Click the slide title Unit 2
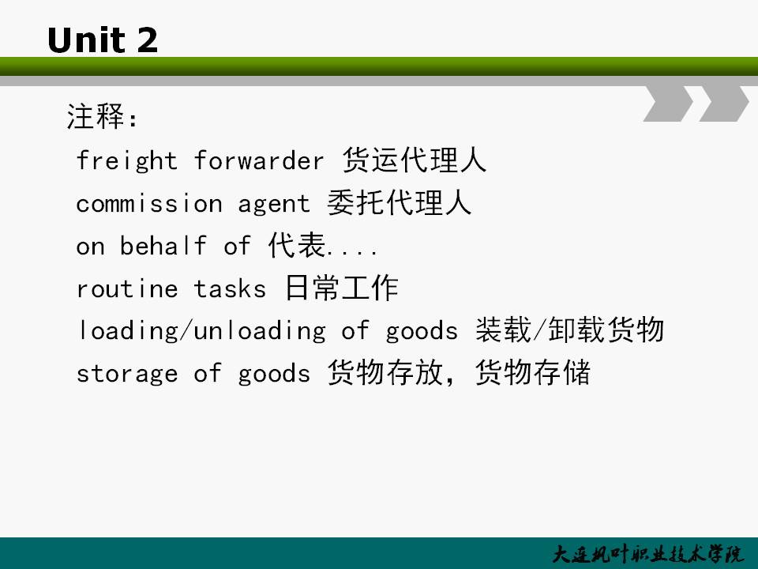(x=103, y=40)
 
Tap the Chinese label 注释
(x=96, y=117)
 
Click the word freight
(x=126, y=160)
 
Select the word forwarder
(x=259, y=160)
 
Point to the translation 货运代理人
(x=415, y=160)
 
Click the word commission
(x=149, y=203)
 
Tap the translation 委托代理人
(x=400, y=202)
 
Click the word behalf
(x=163, y=245)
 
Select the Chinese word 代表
(x=297, y=245)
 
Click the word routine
(x=127, y=288)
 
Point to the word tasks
(x=230, y=289)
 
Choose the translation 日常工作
(x=341, y=288)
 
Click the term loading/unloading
(x=201, y=331)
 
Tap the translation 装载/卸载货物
(x=569, y=330)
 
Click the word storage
(x=126, y=374)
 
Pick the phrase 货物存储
(x=533, y=372)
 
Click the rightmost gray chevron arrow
(x=724, y=103)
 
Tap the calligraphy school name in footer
(x=647, y=555)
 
